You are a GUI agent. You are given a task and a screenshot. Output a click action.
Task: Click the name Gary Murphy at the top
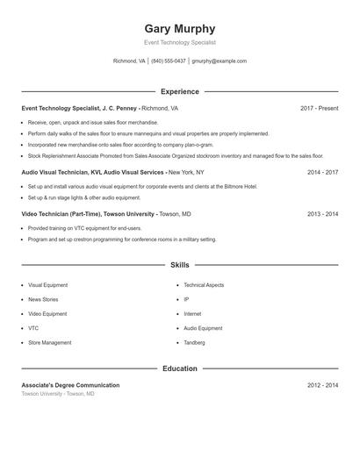pos(179,28)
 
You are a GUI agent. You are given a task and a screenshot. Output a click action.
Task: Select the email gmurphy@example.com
pos(219,61)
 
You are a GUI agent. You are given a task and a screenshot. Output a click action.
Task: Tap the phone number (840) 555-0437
pos(169,61)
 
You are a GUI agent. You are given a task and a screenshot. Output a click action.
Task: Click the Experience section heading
pos(179,91)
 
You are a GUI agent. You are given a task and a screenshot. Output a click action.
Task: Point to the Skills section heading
pos(179,264)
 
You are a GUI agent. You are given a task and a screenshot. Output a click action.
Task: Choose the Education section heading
pos(179,368)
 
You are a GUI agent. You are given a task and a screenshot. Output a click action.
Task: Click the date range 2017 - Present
pos(319,108)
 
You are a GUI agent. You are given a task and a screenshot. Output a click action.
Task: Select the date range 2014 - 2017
pos(322,173)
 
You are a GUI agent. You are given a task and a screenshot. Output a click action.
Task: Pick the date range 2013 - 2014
pos(322,214)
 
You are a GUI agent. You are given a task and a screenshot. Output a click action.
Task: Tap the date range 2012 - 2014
pos(322,385)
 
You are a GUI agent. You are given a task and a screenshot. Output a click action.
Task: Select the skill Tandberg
pos(196,343)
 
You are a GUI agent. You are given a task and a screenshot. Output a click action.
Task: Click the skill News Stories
pos(45,299)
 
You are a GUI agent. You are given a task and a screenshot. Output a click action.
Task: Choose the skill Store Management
pos(50,343)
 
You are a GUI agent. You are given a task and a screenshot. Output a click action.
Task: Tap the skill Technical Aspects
pos(204,285)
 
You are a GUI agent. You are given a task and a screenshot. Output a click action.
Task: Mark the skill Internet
pos(192,314)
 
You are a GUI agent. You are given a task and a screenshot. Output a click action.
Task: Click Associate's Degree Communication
pos(70,385)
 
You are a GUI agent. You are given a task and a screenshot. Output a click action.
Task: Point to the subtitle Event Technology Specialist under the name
pos(179,42)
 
